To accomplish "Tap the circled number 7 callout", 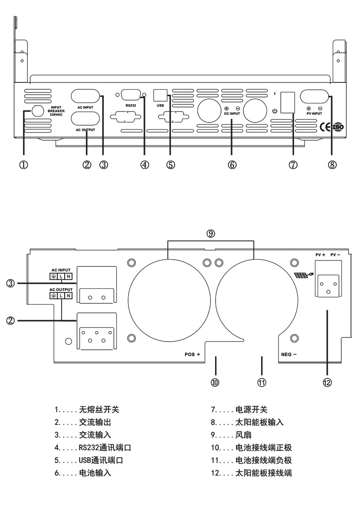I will click(293, 165).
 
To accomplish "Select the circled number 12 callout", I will click(327, 383).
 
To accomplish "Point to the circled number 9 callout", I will click(211, 234).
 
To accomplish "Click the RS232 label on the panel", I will click(131, 105).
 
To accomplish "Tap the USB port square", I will click(160, 94).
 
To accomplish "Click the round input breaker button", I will click(36, 111).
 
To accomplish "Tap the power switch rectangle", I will click(288, 102).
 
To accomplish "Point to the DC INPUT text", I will click(232, 113).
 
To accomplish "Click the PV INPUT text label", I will click(314, 113).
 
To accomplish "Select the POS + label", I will click(192, 354).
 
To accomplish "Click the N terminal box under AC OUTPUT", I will click(68, 296).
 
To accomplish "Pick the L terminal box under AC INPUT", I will click(61, 276).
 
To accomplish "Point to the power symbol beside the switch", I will click(274, 111).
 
